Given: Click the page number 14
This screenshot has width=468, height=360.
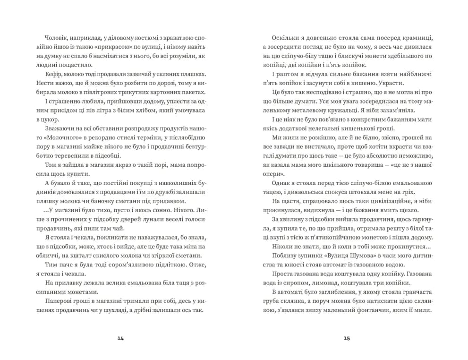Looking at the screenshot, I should (120, 338).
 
